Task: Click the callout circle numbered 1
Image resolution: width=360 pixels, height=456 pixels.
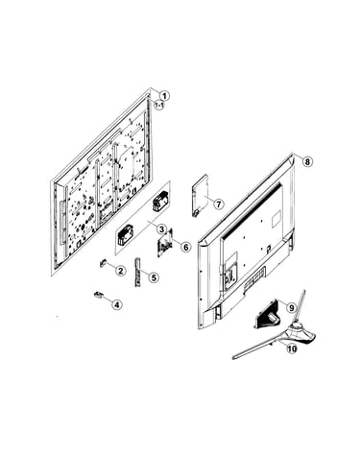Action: tap(164, 96)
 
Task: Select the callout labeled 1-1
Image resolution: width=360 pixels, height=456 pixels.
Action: tap(159, 105)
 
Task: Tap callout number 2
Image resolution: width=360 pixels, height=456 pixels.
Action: tap(120, 271)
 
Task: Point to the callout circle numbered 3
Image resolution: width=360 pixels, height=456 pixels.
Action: tap(161, 229)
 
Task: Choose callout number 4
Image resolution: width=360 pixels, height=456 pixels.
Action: tap(117, 305)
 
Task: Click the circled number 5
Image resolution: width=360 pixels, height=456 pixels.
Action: tap(154, 277)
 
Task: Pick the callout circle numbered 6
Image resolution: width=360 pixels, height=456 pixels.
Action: tap(185, 247)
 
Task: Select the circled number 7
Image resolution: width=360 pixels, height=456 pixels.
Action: tap(218, 204)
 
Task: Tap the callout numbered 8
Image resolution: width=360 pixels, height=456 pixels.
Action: tap(307, 161)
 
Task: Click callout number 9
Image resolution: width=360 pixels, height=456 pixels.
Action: tap(291, 308)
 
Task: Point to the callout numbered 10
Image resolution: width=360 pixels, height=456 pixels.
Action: tap(292, 348)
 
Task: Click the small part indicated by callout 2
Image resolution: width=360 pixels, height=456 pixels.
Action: tap(103, 263)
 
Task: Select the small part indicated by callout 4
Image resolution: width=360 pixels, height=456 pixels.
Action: tap(98, 295)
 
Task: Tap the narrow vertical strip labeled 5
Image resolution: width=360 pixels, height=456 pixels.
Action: tap(137, 272)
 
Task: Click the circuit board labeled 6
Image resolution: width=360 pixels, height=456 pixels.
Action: tap(165, 244)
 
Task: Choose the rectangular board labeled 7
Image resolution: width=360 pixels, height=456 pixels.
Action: tap(200, 195)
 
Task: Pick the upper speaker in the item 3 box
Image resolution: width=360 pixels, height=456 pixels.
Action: tap(160, 202)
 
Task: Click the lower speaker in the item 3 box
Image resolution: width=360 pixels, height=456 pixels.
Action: tap(125, 234)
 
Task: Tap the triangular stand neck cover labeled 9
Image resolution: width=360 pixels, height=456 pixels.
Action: tap(268, 314)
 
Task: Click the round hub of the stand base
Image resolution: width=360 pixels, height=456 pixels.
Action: tap(297, 326)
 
